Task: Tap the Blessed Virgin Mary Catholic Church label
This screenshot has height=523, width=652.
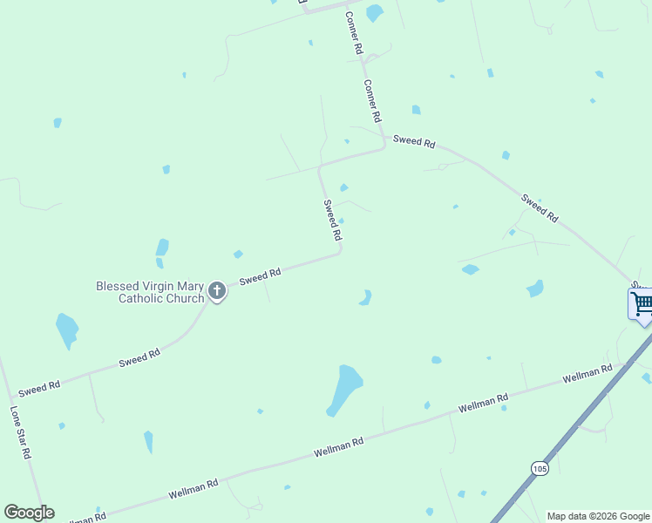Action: [x=150, y=292]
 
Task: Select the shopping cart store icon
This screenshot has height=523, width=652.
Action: [x=642, y=304]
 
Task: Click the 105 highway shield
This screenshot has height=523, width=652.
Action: [x=540, y=469]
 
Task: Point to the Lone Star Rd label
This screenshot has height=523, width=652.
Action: [x=21, y=432]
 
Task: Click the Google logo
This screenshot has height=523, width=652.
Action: [x=29, y=513]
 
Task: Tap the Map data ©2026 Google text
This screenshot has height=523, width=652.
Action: [x=597, y=516]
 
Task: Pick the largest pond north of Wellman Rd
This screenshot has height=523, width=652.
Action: [x=346, y=389]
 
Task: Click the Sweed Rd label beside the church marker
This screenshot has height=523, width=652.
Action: [x=260, y=276]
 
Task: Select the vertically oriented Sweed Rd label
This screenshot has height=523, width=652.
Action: [x=331, y=221]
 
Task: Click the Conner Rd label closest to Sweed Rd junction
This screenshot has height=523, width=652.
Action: [x=373, y=101]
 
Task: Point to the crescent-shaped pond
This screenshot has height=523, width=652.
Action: [x=365, y=298]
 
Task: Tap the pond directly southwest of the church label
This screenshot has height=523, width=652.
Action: [x=66, y=330]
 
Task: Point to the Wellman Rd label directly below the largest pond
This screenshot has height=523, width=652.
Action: [x=338, y=447]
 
